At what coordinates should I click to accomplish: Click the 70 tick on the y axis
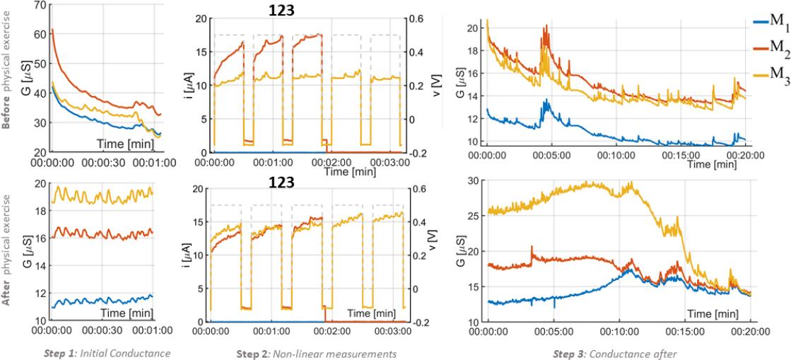click(37, 5)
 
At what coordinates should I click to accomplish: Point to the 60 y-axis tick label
click(37, 34)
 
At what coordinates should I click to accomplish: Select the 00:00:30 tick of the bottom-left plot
click(102, 330)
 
